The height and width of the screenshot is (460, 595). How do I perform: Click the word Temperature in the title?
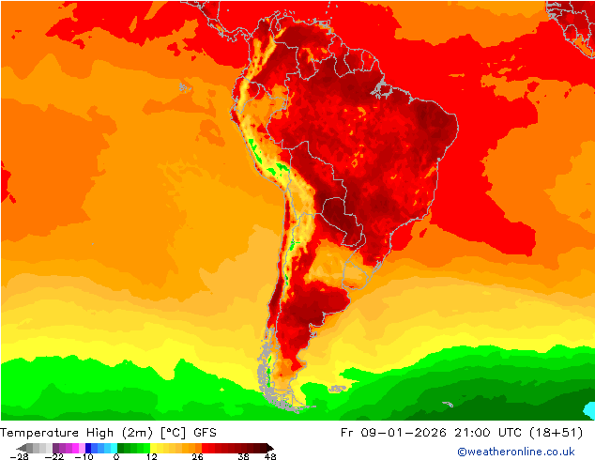tap(41, 433)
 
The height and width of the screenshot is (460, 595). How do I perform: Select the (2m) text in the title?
tap(137, 433)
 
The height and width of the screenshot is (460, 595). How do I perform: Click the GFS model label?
tap(206, 433)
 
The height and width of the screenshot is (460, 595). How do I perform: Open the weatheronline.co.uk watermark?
tap(516, 452)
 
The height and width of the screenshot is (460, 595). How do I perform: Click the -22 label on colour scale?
tap(55, 456)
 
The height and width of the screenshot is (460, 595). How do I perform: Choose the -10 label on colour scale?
tap(84, 456)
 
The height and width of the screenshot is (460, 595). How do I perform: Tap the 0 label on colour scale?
tap(116, 456)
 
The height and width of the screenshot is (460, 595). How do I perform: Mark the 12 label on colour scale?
tap(151, 456)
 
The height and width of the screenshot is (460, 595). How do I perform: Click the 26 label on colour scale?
tap(197, 456)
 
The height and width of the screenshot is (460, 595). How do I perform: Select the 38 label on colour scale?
tap(243, 456)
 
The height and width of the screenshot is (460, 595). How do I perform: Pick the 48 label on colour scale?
tap(270, 456)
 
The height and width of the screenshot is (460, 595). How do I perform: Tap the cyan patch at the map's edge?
tap(589, 410)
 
